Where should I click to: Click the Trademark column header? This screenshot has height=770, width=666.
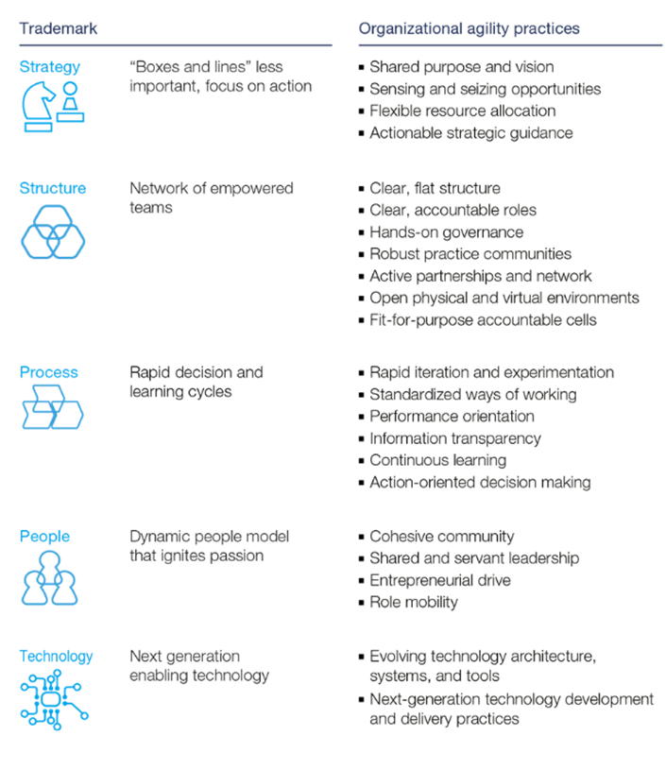coord(59,28)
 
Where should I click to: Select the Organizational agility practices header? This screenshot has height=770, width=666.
coord(469,28)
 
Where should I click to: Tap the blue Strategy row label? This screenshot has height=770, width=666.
coord(49,67)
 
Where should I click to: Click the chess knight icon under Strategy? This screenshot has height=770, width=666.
coord(38,107)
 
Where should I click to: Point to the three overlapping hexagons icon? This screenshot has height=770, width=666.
coord(53,231)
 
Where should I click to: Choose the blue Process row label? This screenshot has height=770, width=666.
coord(48,372)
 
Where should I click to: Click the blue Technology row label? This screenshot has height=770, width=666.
coord(57,656)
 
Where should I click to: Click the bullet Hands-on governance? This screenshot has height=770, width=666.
coord(446,231)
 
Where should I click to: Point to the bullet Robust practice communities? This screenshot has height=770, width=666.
coord(470,253)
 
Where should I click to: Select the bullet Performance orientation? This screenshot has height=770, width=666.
coord(452,416)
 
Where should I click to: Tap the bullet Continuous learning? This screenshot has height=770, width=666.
coord(437,460)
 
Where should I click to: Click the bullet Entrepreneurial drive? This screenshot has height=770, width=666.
coord(440,580)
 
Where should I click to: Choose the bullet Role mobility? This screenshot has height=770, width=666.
coord(414,602)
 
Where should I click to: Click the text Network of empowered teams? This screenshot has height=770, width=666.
coord(211,197)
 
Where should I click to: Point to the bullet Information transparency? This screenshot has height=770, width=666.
coord(455,438)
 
